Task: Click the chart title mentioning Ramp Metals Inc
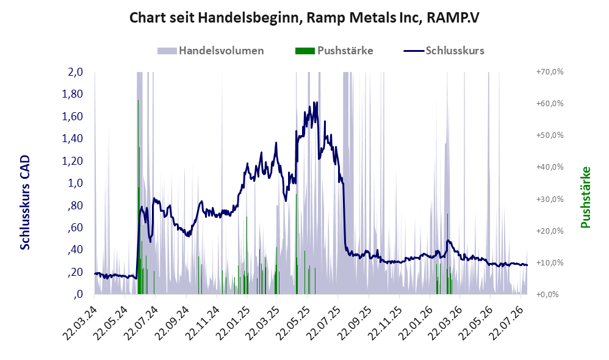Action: point(304,18)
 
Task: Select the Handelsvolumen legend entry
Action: point(211,51)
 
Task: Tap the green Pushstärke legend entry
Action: point(334,51)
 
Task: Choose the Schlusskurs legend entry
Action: point(444,51)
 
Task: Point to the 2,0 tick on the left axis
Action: point(76,72)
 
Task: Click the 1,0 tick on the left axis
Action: point(76,183)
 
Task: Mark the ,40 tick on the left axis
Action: point(76,250)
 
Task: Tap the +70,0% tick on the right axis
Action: point(550,72)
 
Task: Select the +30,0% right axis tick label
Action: point(550,200)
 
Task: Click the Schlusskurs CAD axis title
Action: point(25,203)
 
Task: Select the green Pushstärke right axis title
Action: point(586,197)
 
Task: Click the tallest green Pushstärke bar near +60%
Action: point(139,197)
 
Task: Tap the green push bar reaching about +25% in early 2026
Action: point(448,254)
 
